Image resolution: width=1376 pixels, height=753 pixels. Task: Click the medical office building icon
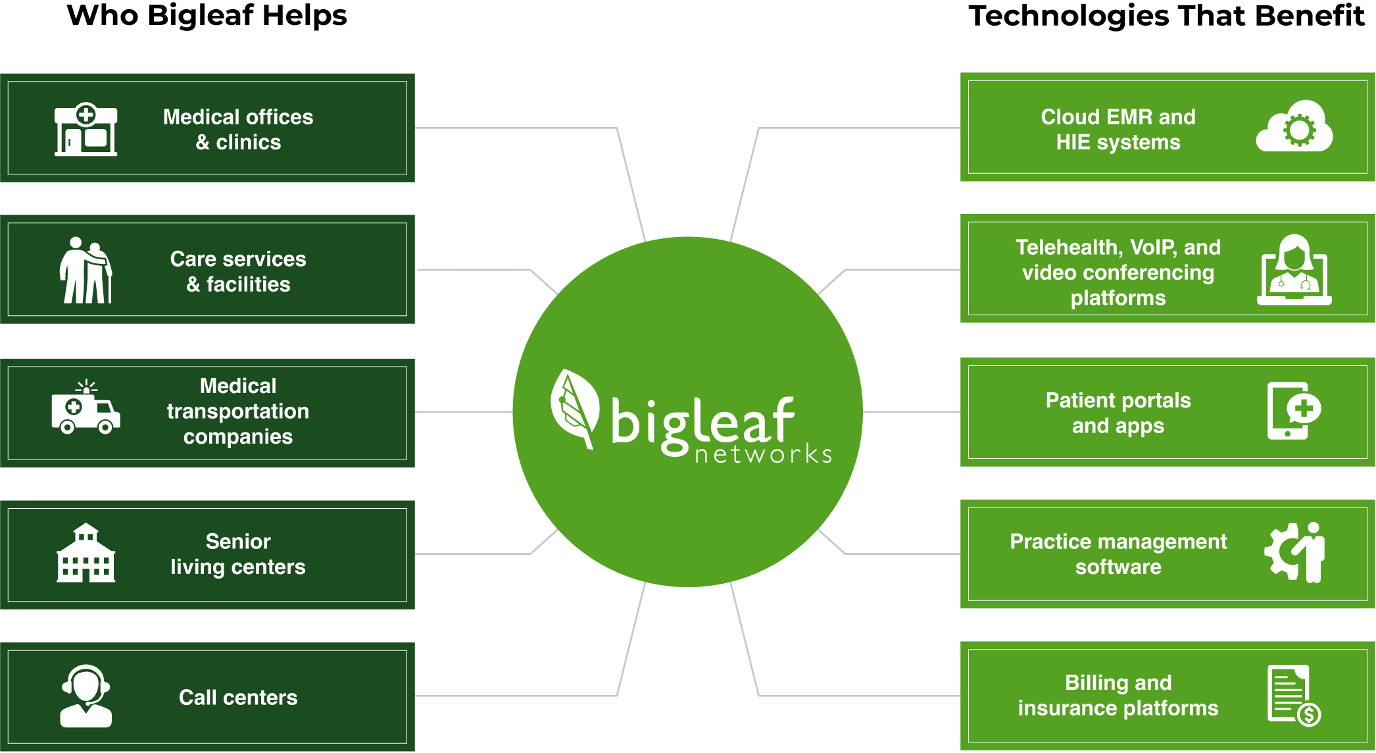(x=86, y=129)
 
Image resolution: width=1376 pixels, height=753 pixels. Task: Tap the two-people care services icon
(x=86, y=270)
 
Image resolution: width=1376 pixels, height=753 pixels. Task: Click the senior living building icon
(x=86, y=553)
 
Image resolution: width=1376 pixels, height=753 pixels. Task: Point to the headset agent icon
(x=86, y=696)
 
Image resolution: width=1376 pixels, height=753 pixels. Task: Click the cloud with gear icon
(x=1294, y=126)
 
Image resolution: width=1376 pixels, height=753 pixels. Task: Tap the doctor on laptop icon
(x=1294, y=270)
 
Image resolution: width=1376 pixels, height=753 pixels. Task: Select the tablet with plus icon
(x=1294, y=411)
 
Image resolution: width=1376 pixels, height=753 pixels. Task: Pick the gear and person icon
(x=1294, y=552)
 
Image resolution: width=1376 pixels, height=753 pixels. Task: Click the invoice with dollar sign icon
(x=1294, y=695)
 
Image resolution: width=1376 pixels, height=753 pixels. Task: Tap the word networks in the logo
(x=763, y=454)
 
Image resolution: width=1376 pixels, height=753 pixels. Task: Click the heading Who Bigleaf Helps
(x=207, y=16)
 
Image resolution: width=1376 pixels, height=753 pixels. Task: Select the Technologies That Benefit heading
(x=1166, y=16)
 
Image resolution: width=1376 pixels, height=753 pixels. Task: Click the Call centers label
(x=238, y=697)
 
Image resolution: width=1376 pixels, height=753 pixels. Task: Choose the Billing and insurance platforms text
(x=1118, y=695)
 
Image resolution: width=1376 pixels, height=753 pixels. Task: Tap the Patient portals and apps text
(x=1118, y=413)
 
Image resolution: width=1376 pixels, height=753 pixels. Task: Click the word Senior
(x=238, y=541)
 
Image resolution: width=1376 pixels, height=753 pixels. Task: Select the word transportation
(x=238, y=411)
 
